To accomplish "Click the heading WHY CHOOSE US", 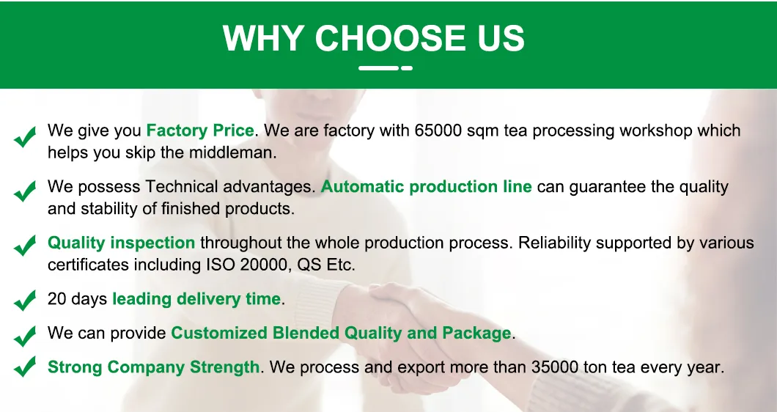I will point(374,38).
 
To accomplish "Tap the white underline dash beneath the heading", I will point(386,68).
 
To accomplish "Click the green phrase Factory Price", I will point(200,130).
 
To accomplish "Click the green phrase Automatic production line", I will point(426,186).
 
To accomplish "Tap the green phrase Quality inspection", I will point(121,243).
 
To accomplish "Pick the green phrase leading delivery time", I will point(196,299).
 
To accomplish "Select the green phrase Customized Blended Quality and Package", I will point(341,333).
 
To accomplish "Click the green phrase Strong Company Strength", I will point(153,367).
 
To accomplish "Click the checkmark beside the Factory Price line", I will point(25,136).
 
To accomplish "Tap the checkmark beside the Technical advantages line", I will point(25,191).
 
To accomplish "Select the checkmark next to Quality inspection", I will point(25,247).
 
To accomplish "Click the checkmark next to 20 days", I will point(25,300).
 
